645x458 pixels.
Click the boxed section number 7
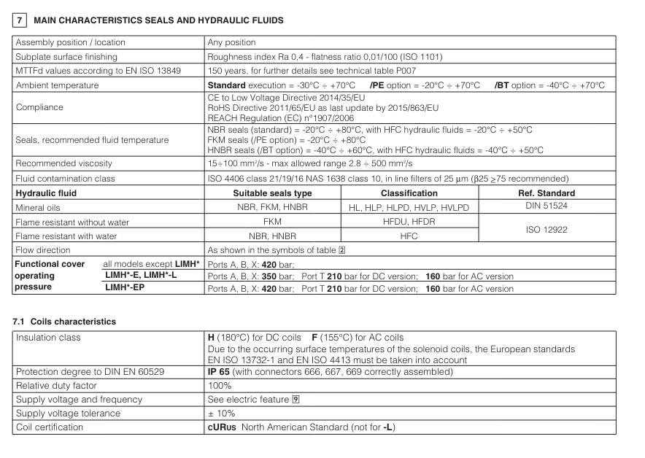click(x=20, y=20)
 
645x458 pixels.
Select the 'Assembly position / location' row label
click(x=70, y=42)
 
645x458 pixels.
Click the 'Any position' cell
click(x=231, y=42)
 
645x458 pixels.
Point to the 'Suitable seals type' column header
click(x=272, y=193)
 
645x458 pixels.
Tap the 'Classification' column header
click(x=409, y=193)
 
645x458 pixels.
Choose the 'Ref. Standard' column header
click(x=546, y=193)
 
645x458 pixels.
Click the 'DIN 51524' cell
click(x=546, y=207)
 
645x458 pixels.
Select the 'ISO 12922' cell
click(x=546, y=229)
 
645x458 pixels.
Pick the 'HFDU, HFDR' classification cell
click(x=409, y=222)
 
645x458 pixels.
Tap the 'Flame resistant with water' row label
click(x=66, y=236)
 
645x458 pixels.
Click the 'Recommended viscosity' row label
click(x=64, y=163)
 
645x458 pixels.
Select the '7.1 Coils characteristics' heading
click(x=64, y=322)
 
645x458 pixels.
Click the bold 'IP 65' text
click(x=220, y=372)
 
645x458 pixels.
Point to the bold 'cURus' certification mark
click(x=222, y=427)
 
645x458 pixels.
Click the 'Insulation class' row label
click(x=48, y=338)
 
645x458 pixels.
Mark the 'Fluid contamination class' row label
click(x=66, y=179)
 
